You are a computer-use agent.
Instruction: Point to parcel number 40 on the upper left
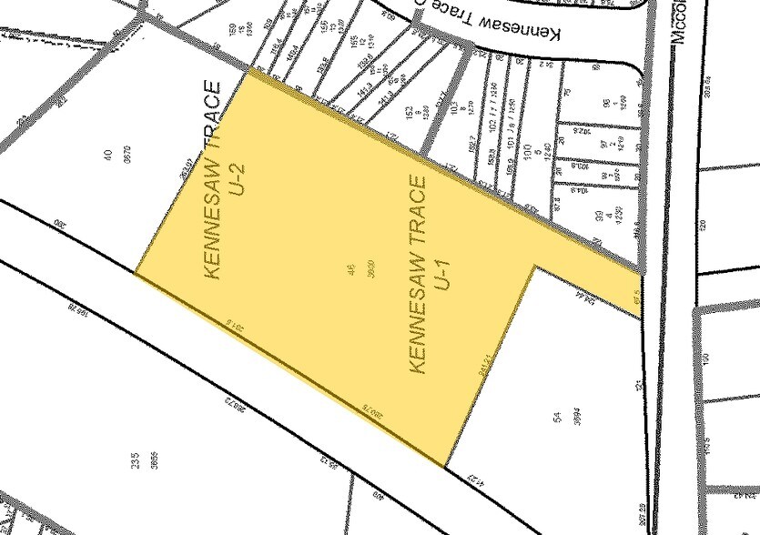[107, 156]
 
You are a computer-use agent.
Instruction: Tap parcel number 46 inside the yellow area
[351, 271]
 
